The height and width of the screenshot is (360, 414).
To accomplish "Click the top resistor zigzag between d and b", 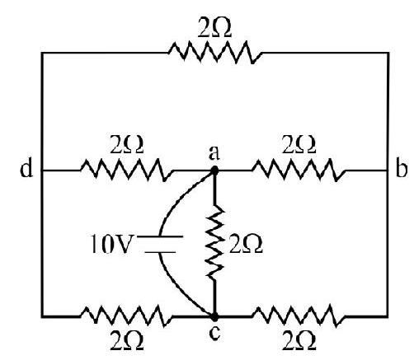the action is (214, 52).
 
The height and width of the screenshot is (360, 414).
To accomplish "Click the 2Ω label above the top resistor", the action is (214, 29).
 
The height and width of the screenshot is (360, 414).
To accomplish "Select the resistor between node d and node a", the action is (127, 171).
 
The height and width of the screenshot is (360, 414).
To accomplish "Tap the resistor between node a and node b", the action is (299, 171).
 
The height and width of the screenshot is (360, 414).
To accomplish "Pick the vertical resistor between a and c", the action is (215, 241).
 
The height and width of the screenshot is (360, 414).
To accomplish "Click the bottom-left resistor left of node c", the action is (127, 316).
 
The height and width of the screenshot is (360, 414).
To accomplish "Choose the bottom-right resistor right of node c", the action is (299, 316).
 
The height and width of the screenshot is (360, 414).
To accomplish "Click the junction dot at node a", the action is (214, 171).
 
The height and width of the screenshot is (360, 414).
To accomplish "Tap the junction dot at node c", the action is (215, 317).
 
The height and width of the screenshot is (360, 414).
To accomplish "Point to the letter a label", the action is (214, 154).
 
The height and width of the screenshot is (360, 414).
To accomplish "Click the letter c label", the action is (214, 333).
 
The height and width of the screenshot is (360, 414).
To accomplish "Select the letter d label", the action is (26, 168).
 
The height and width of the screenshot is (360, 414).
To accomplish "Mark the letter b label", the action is (401, 168).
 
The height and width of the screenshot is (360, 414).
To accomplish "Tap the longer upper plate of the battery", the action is (160, 236).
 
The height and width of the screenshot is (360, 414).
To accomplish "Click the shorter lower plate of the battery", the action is (160, 252).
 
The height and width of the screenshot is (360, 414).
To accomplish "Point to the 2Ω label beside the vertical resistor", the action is (246, 245).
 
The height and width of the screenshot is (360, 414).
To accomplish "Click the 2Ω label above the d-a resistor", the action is (127, 146).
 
